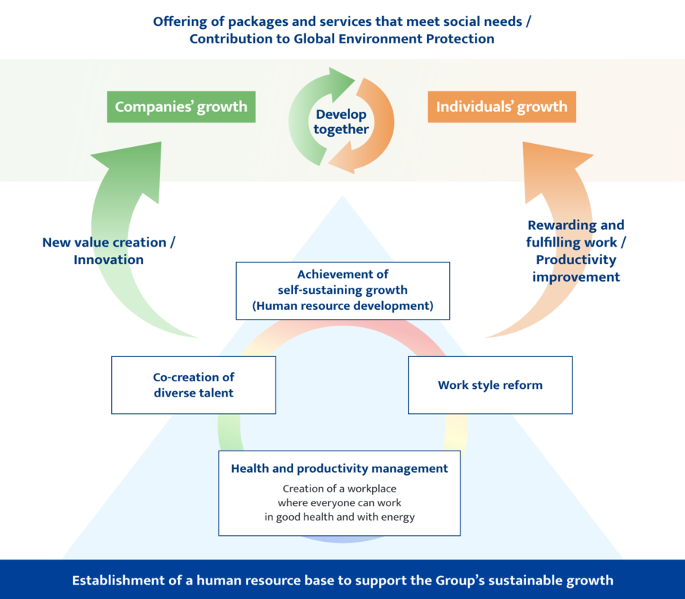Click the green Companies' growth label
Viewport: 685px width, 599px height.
click(x=181, y=107)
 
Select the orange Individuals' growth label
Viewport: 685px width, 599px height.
click(x=502, y=107)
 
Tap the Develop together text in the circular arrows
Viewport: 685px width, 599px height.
click(x=341, y=122)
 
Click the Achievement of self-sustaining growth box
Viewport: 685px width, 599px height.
click(x=342, y=290)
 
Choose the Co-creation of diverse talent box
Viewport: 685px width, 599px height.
click(x=193, y=385)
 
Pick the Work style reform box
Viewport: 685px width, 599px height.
click(x=490, y=385)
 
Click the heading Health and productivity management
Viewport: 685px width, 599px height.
click(x=339, y=469)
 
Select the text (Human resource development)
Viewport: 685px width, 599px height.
click(x=342, y=306)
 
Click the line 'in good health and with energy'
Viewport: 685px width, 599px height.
click(x=339, y=518)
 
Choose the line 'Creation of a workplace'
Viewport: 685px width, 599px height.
click(x=339, y=489)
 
